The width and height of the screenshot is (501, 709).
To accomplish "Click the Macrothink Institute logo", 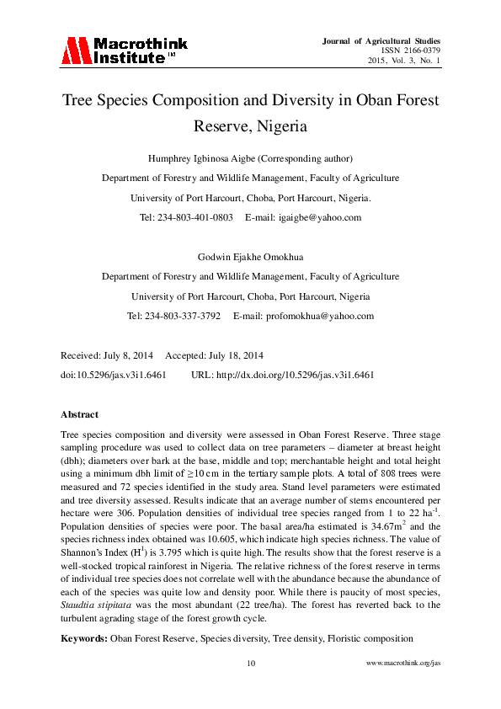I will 124,51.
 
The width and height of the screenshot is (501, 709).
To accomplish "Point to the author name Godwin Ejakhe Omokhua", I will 250,257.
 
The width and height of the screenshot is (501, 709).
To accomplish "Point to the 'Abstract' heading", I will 80,414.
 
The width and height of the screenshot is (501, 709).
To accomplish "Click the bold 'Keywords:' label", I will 84,639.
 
